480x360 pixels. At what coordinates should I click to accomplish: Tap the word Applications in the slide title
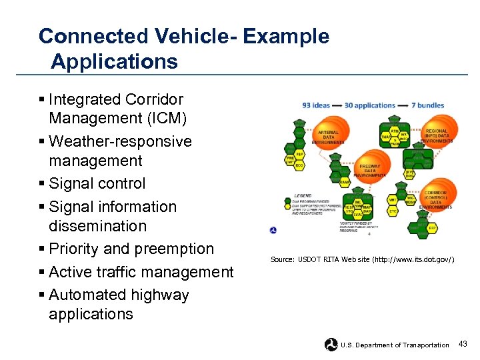(114, 62)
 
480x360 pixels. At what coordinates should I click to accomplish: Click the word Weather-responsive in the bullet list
(120, 141)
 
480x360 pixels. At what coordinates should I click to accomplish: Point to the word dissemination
(97, 226)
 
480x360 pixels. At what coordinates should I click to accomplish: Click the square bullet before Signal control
(42, 183)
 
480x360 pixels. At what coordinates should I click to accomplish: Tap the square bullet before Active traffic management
(42, 272)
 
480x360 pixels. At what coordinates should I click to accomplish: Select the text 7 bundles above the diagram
(428, 105)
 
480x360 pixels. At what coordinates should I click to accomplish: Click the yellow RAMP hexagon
(345, 182)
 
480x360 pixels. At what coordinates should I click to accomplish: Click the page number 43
(463, 343)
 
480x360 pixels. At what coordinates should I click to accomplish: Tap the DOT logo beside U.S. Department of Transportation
(331, 344)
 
